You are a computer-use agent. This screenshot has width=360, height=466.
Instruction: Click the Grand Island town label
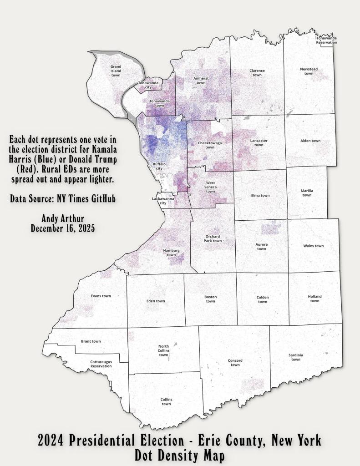[x=116, y=71]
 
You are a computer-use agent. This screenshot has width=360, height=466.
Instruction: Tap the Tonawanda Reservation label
[x=327, y=41]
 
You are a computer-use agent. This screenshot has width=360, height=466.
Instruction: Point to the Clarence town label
[x=257, y=73]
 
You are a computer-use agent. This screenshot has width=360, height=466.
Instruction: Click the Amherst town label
[x=201, y=81]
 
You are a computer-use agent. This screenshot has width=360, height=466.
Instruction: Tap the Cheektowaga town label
[x=210, y=145]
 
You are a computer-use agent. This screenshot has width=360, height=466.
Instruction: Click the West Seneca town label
[x=210, y=187]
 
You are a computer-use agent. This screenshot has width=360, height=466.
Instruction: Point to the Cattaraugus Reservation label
[x=101, y=364]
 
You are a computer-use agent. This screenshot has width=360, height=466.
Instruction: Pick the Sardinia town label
[x=296, y=357]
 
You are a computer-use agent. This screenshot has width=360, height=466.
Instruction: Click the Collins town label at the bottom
[x=166, y=401]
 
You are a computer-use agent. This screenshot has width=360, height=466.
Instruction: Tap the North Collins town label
[x=163, y=350]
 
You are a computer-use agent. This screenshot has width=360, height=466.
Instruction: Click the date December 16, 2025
[x=63, y=229]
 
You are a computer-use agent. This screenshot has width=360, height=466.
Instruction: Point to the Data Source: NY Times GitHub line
[x=63, y=199]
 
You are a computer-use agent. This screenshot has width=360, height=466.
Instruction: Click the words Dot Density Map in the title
[x=180, y=455]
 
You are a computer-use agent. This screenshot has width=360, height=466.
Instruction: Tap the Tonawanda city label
[x=148, y=85]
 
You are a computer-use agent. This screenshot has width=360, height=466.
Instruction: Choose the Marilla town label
[x=307, y=192]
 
